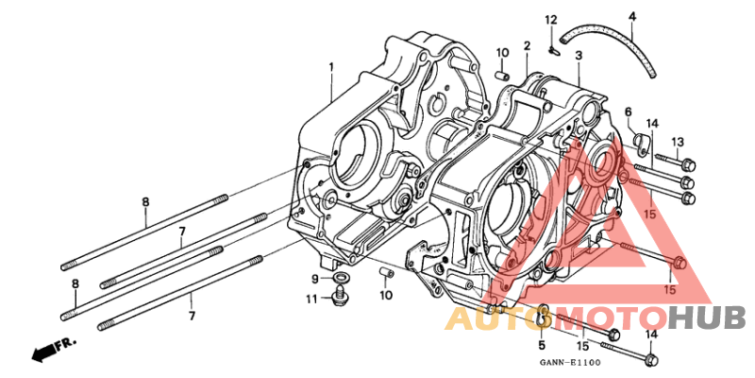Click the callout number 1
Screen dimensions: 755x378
point(331,66)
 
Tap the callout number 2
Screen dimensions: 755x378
point(528,45)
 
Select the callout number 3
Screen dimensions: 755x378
point(579,56)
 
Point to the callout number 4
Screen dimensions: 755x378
point(632,17)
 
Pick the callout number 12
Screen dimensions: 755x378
point(551,20)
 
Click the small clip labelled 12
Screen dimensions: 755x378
point(553,48)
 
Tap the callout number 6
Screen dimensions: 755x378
point(629,112)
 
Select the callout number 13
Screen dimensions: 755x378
point(678,143)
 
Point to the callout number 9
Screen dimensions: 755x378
point(315,278)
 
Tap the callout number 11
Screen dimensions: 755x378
point(312,300)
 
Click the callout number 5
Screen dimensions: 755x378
point(541,345)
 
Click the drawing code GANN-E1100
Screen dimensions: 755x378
point(570,362)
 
